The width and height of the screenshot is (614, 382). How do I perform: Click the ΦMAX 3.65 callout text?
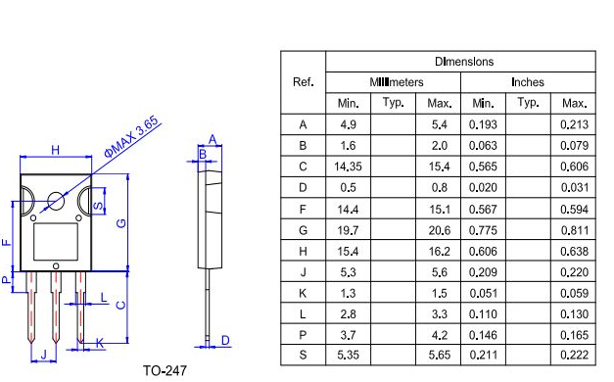coord(132,137)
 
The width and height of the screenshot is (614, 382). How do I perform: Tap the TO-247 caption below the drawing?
coord(165,370)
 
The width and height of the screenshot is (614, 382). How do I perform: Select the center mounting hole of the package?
coord(56,201)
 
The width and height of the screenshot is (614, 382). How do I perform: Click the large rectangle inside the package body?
coord(56,242)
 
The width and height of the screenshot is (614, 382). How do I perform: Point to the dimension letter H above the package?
coord(56,150)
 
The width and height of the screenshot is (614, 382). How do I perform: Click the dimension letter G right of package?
coord(121,223)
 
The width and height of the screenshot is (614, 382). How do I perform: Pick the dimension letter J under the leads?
coord(43,355)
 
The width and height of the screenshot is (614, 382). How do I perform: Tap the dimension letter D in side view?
coord(225,340)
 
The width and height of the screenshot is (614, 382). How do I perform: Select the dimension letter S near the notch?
coord(98,206)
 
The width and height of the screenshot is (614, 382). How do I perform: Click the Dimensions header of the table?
coord(464,62)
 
